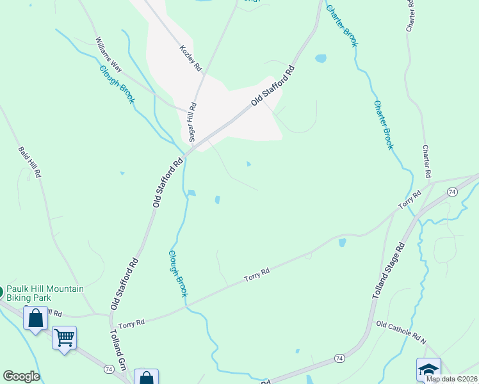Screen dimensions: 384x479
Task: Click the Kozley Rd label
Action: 190,58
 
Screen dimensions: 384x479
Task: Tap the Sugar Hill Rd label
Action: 191,122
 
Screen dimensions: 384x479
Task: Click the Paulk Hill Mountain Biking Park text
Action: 45,294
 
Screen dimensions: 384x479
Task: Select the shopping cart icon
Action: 64,337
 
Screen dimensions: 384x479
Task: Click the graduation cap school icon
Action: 428,369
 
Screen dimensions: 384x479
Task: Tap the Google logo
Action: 21,376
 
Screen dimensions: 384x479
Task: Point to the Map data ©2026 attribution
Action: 451,379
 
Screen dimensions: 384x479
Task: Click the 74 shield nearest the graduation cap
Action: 339,358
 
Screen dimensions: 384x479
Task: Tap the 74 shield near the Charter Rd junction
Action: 452,192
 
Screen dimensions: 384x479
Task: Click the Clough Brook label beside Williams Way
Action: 117,84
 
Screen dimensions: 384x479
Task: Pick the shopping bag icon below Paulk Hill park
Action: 35,317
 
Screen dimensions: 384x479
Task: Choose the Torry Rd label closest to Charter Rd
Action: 409,200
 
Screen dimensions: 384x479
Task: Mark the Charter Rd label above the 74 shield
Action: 426,162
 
